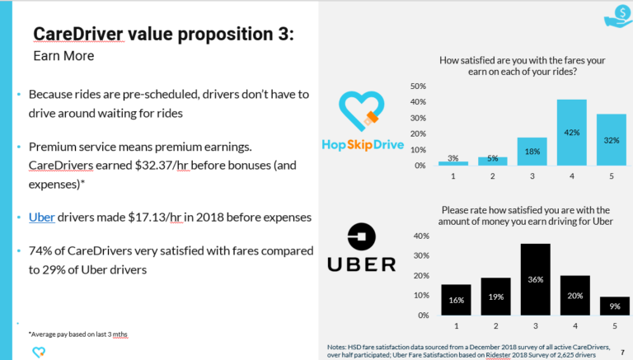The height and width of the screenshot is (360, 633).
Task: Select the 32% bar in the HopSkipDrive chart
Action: pyautogui.click(x=611, y=139)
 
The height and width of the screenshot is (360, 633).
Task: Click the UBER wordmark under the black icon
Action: pyautogui.click(x=361, y=264)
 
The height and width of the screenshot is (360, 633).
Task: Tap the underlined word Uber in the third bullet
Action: pyautogui.click(x=42, y=217)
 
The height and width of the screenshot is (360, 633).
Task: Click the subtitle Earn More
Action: pyautogui.click(x=63, y=57)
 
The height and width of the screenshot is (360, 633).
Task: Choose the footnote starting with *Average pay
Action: pyautogui.click(x=79, y=334)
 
